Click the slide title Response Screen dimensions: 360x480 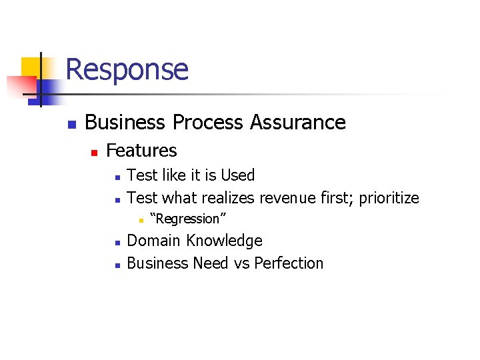(x=127, y=69)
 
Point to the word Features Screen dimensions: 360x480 (x=141, y=151)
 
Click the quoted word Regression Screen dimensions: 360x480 (x=188, y=219)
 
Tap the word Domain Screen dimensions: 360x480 (x=154, y=241)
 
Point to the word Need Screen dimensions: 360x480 (x=211, y=263)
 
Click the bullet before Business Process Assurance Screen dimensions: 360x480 (x=71, y=124)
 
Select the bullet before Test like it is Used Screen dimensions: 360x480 (x=116, y=177)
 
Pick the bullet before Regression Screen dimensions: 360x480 (x=141, y=220)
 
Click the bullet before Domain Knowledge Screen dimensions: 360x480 (x=116, y=242)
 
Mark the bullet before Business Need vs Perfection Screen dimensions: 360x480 (x=116, y=265)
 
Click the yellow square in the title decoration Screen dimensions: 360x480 (x=32, y=67)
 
